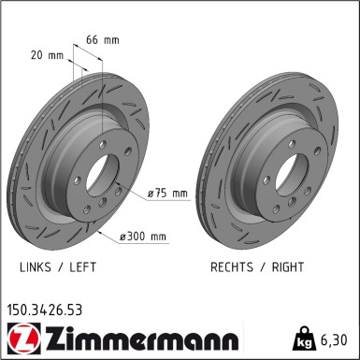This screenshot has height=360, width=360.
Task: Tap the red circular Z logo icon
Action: tap(20, 338)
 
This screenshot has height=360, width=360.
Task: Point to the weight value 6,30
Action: tap(336, 338)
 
